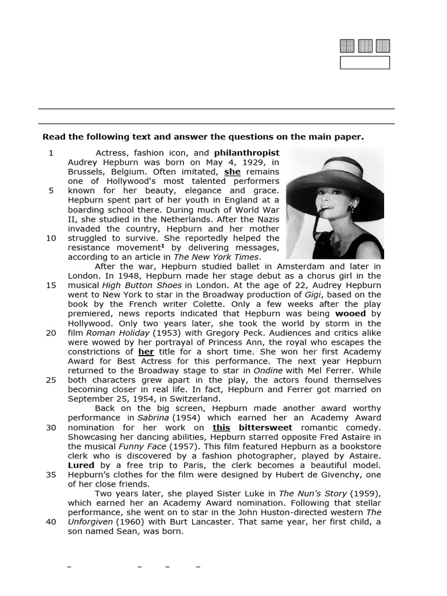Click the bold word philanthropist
pyautogui.click(x=246, y=153)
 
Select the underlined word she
pyautogui.click(x=232, y=172)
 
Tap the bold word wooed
pyautogui.click(x=350, y=314)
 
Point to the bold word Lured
pyautogui.click(x=81, y=465)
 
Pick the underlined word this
pyautogui.click(x=221, y=427)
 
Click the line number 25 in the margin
pyautogui.click(x=51, y=380)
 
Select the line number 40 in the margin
pyautogui.click(x=51, y=521)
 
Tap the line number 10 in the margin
pyautogui.click(x=51, y=238)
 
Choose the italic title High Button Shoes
pyautogui.click(x=142, y=285)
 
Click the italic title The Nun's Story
pyautogui.click(x=313, y=494)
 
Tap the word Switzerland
pyautogui.click(x=192, y=399)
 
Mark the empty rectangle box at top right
pyautogui.click(x=364, y=63)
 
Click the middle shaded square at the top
pyautogui.click(x=365, y=46)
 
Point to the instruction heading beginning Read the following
pyautogui.click(x=203, y=137)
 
